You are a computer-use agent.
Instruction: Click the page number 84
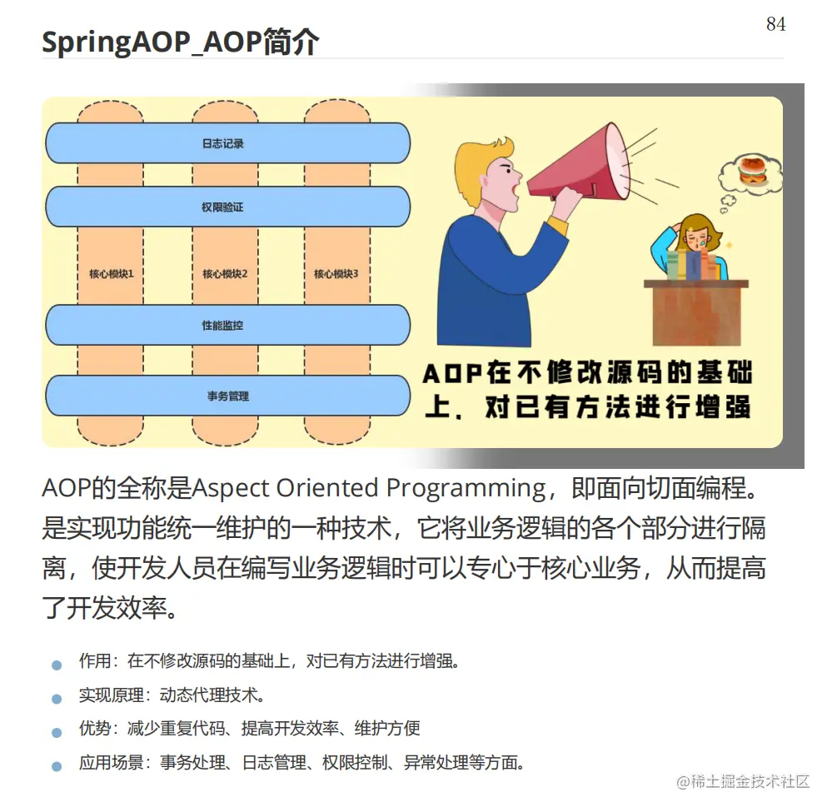click(775, 24)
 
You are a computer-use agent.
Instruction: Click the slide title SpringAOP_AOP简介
click(181, 42)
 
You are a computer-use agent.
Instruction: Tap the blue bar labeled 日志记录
click(227, 143)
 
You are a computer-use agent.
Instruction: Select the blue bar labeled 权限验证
click(227, 207)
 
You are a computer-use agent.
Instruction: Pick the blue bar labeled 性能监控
click(227, 325)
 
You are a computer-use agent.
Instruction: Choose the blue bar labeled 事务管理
click(227, 396)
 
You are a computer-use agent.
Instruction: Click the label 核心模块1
click(111, 274)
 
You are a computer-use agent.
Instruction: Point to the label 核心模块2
click(225, 274)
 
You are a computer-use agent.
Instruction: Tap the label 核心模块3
click(336, 274)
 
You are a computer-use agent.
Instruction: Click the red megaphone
click(578, 164)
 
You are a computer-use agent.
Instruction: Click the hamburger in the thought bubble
click(752, 171)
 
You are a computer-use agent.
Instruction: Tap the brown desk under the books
click(696, 313)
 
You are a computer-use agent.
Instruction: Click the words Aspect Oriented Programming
click(368, 488)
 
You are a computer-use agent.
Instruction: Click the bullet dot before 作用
click(57, 665)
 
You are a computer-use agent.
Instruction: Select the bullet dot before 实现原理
click(57, 699)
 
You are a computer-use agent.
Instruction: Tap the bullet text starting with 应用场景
click(302, 763)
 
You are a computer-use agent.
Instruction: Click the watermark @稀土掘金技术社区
click(743, 781)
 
